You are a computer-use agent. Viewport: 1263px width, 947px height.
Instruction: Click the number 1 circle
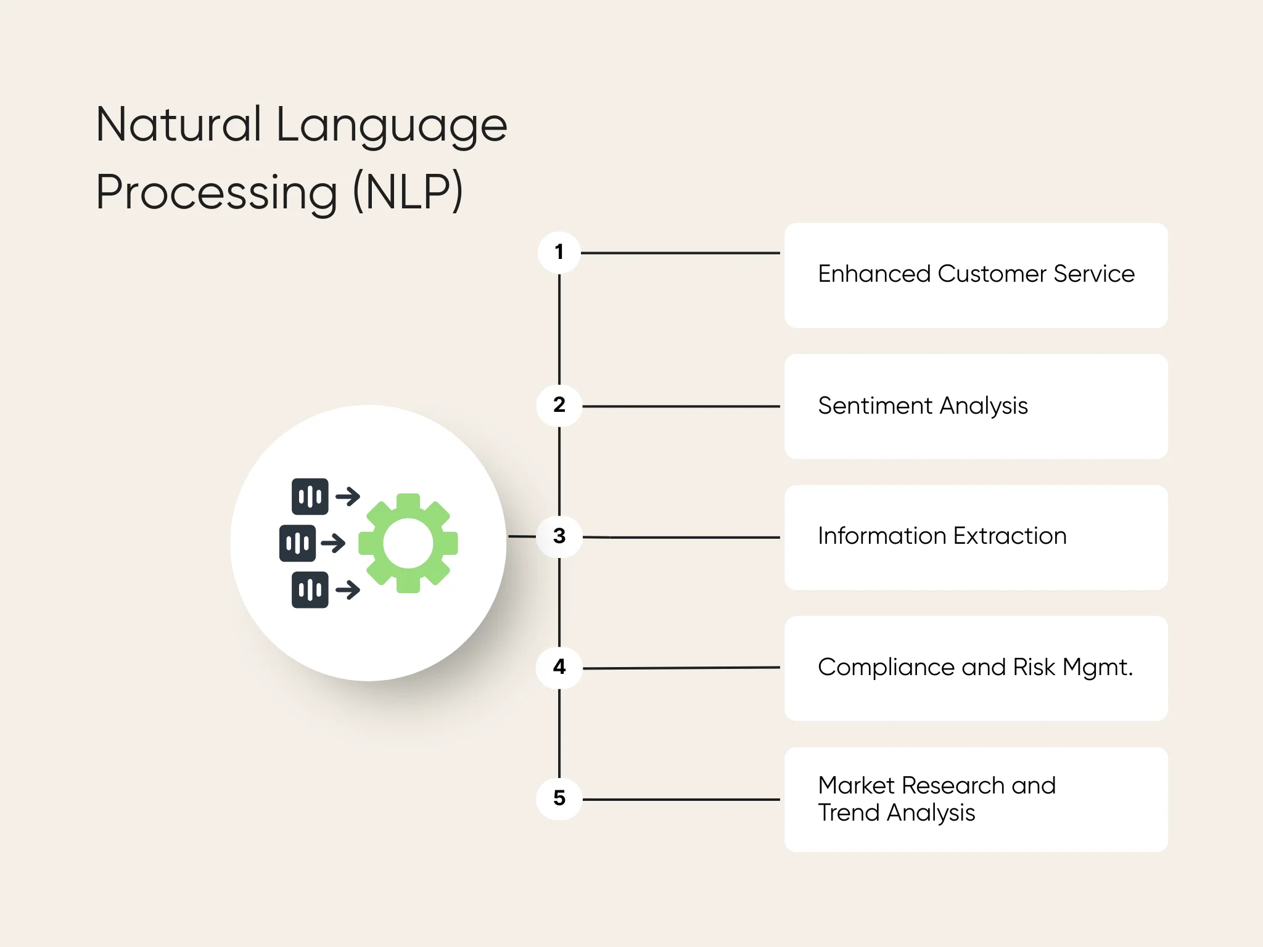(559, 252)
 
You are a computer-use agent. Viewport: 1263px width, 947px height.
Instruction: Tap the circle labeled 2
(559, 405)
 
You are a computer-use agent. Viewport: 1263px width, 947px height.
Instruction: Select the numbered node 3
(559, 536)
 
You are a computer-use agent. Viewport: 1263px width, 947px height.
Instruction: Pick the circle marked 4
(559, 667)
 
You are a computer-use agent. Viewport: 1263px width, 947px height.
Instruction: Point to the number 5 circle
(559, 798)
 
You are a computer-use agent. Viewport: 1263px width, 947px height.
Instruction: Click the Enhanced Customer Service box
(976, 275)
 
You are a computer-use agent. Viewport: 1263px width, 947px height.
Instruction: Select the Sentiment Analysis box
(976, 406)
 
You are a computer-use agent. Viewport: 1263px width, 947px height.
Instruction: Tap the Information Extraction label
(942, 536)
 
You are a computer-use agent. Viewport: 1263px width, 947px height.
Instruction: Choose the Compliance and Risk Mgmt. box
(976, 668)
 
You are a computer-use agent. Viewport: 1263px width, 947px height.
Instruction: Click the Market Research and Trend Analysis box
(976, 800)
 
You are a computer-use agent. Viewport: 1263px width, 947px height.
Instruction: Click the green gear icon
(408, 543)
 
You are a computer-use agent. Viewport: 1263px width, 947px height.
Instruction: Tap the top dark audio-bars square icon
(310, 496)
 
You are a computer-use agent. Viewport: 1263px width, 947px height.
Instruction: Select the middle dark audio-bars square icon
(297, 543)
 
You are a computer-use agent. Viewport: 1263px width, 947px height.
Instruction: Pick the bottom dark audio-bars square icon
(310, 590)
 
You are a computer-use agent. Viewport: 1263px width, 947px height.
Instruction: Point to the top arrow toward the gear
(348, 496)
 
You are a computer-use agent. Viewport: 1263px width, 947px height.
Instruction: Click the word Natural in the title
(179, 125)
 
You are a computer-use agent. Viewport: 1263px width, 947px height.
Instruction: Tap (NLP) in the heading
(408, 192)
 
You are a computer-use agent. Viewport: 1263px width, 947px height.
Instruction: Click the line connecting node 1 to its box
(680, 253)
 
